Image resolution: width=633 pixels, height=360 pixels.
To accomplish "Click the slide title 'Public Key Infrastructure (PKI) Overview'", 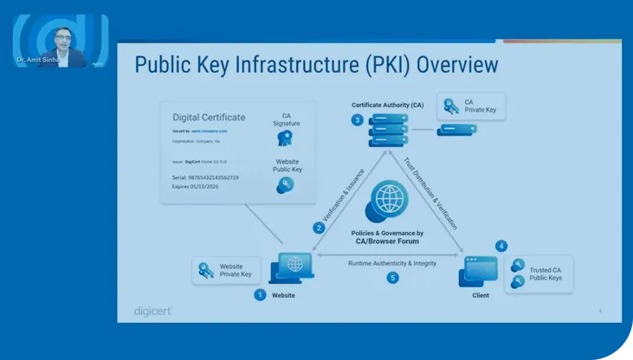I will tap(317, 65).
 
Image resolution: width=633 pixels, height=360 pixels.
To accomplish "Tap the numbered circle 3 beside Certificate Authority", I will tap(357, 120).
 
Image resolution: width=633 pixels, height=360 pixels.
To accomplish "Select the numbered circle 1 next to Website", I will tap(259, 295).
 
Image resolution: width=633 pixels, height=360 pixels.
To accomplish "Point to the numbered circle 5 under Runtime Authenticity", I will tap(392, 278).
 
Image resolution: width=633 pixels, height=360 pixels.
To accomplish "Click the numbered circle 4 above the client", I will tap(501, 246).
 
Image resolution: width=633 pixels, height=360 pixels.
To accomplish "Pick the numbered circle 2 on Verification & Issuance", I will tap(319, 228).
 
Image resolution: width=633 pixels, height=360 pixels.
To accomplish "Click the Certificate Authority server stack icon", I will tap(388, 132).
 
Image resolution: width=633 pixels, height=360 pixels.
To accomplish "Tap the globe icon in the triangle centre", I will tap(386, 197).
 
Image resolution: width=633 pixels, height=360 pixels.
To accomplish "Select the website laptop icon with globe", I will tap(292, 267).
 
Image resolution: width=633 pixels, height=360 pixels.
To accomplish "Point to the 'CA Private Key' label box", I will tap(471, 106).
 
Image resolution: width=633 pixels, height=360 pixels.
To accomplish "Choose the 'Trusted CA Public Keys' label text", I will tap(546, 273).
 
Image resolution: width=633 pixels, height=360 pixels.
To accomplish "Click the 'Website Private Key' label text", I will tap(236, 270).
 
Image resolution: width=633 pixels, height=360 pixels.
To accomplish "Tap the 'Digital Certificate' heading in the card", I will tap(208, 118).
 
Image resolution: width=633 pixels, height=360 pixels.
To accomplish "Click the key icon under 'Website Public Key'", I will tap(285, 183).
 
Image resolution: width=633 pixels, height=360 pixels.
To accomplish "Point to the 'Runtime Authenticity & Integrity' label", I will tap(391, 263).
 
